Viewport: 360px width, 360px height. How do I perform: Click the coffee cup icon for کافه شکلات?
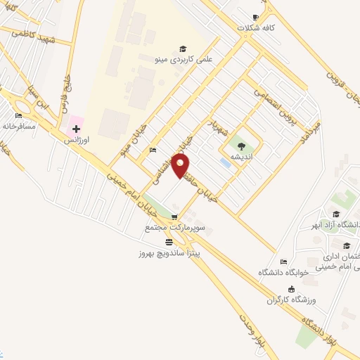(255, 17)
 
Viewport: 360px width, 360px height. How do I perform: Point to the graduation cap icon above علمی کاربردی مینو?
(183, 49)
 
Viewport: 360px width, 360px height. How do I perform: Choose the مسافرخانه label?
(20, 127)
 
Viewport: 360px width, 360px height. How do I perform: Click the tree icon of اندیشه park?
(242, 146)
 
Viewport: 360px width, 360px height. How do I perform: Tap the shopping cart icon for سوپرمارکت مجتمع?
(174, 217)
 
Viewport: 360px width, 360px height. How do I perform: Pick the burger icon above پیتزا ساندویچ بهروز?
(169, 241)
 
